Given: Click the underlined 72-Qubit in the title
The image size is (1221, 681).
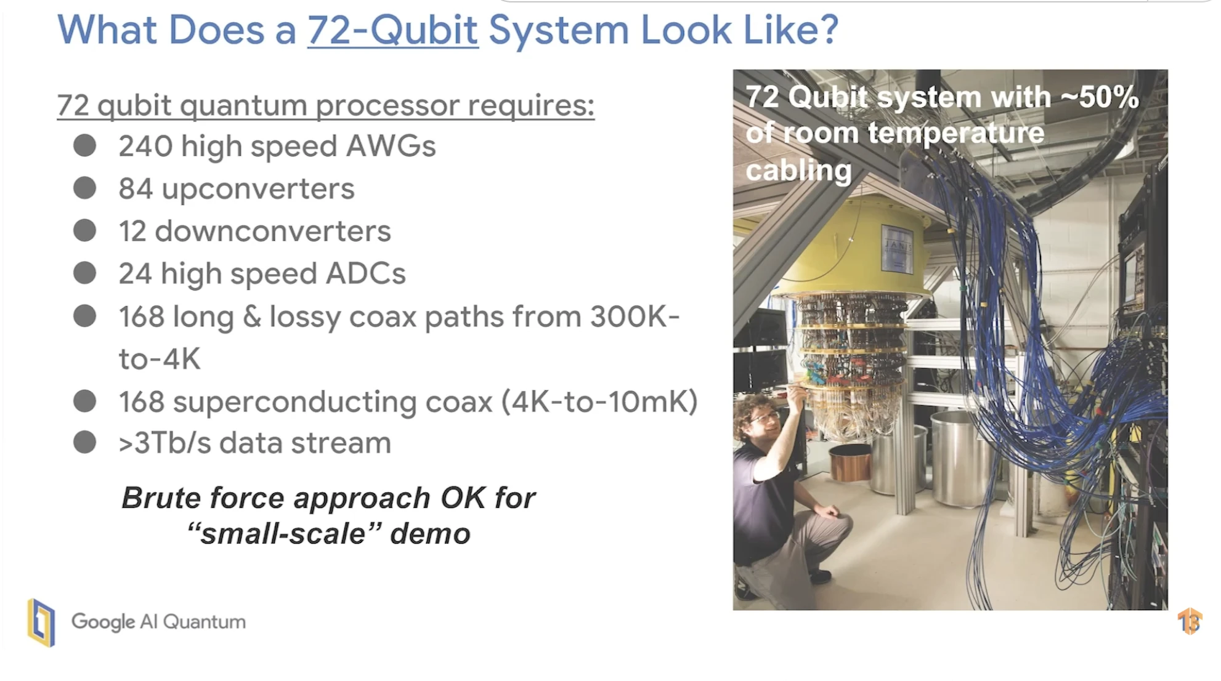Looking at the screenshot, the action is tap(392, 30).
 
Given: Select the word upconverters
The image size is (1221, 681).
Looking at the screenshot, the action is tap(258, 189).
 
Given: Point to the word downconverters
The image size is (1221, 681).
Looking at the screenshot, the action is tap(273, 232).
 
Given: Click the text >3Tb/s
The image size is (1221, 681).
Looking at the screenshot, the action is tap(164, 443).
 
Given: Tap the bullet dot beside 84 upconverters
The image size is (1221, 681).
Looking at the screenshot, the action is tap(84, 188).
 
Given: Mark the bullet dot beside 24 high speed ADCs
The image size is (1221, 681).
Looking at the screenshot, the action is tap(84, 273).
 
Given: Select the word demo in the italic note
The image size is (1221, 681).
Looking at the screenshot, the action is tap(430, 533).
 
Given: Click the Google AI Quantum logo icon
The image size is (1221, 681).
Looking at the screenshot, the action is tap(41, 623).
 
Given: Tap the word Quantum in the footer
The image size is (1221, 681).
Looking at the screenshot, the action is tap(204, 622).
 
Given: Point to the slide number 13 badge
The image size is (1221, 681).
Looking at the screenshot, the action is tap(1190, 621).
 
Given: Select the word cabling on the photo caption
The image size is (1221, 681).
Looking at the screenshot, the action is tap(798, 170).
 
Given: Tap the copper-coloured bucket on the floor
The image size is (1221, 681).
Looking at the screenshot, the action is tap(850, 462).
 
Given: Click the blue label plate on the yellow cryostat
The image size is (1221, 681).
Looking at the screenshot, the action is tap(896, 248).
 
